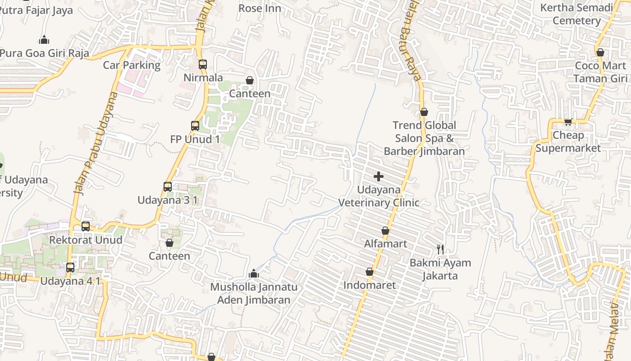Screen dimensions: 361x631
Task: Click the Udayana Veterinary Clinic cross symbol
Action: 379,176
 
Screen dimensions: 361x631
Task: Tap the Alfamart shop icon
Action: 385,231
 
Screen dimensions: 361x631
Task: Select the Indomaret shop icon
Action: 370,272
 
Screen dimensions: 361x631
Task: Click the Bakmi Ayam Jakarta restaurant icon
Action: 440,249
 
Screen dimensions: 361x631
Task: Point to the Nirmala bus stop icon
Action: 203,65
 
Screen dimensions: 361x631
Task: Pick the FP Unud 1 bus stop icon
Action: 195,126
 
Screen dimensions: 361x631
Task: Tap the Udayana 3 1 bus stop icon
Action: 168,186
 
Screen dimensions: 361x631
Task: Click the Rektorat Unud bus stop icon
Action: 86,226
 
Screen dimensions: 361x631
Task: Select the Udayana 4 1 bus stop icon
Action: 70,267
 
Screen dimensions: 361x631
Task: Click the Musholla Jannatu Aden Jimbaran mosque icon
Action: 254,273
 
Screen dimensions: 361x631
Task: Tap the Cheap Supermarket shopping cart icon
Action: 568,121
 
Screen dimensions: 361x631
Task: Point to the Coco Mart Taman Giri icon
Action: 600,52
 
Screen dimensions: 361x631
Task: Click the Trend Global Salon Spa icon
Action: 424,112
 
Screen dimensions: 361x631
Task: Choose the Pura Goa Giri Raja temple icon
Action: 44,40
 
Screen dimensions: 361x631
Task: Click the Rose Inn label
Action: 260,8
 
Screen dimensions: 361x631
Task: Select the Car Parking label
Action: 132,65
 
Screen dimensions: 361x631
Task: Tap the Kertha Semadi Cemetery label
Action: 576,14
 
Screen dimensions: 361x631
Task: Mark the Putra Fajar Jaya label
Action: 36,10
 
